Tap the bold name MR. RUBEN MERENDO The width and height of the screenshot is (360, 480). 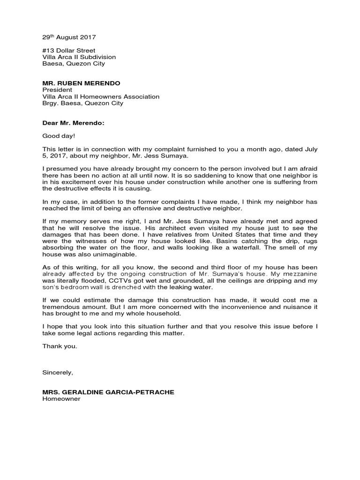point(81,83)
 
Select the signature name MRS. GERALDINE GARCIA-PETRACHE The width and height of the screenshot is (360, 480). point(108,392)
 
